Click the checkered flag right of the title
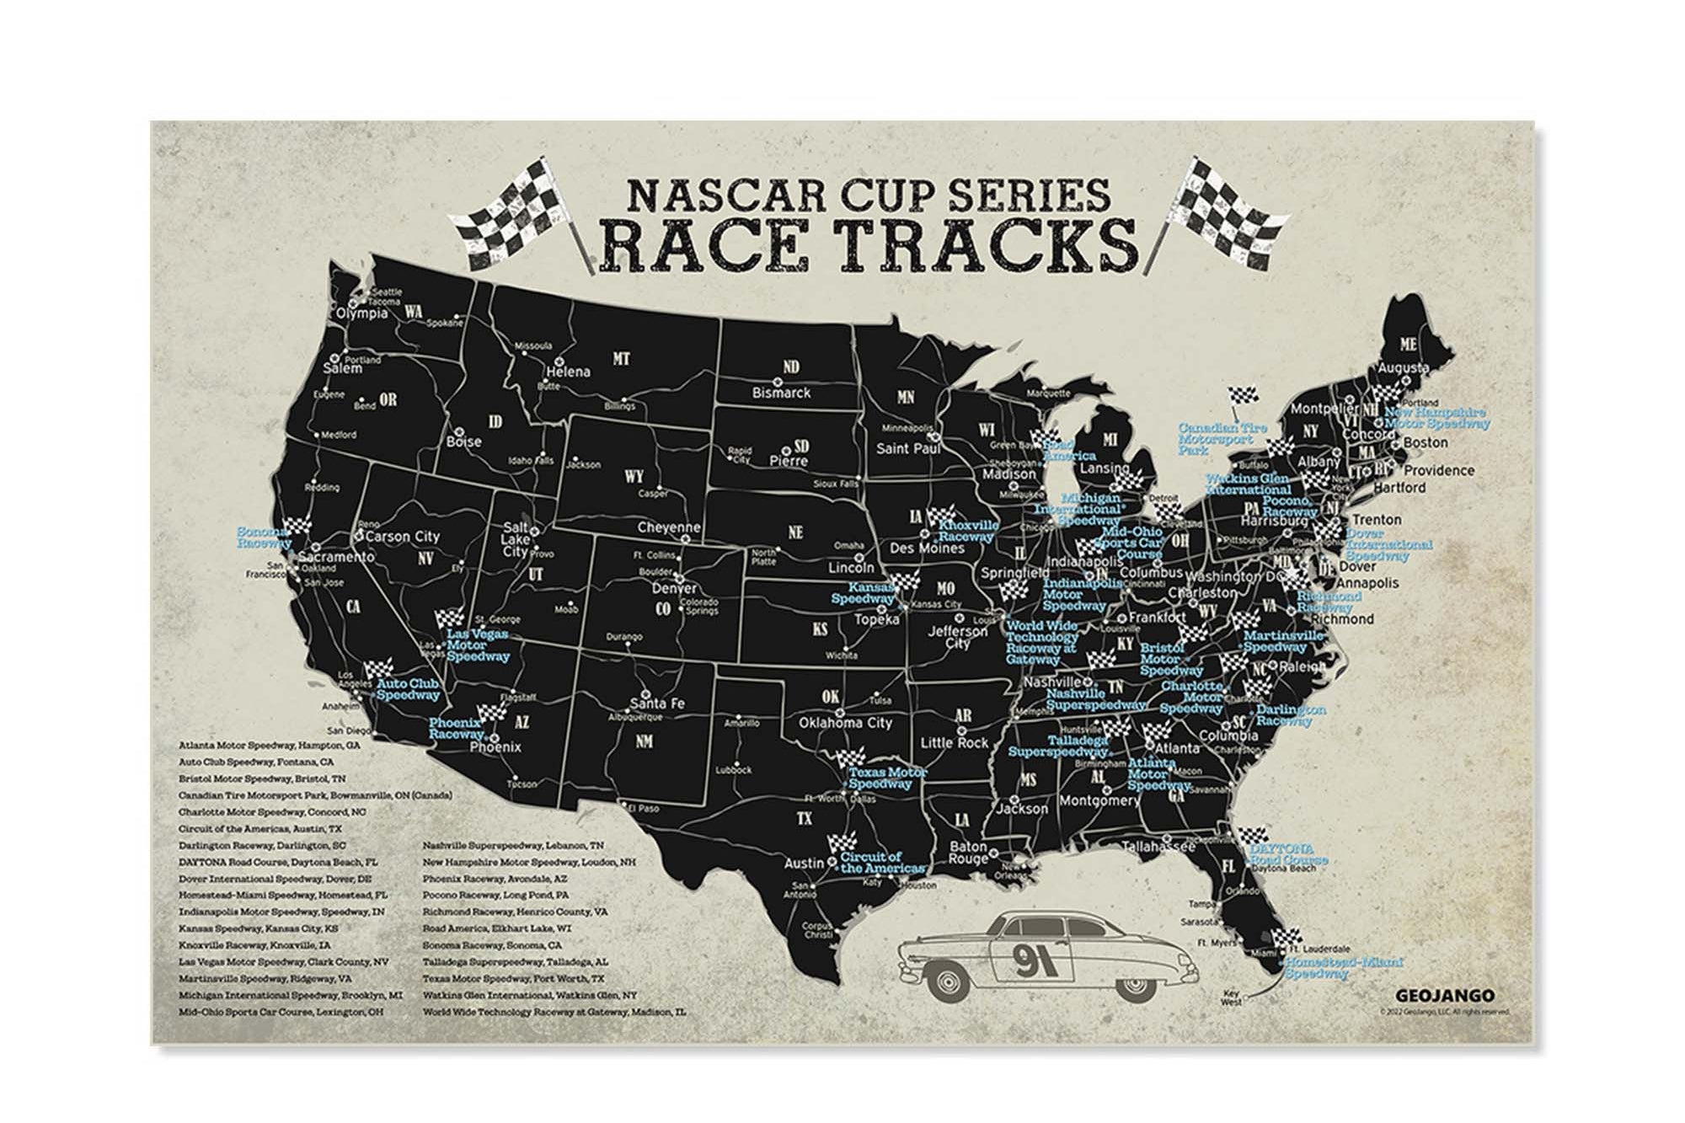pos(1235,207)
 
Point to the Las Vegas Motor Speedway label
pos(478,645)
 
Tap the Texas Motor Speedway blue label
pos(887,778)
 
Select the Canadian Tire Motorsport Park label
pos(1222,439)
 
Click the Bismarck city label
pos(781,393)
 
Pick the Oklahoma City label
pos(845,723)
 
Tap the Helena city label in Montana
pos(570,372)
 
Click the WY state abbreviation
pos(634,477)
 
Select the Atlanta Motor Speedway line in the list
pos(270,746)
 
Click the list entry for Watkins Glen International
pos(530,995)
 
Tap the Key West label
pos(1232,1000)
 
